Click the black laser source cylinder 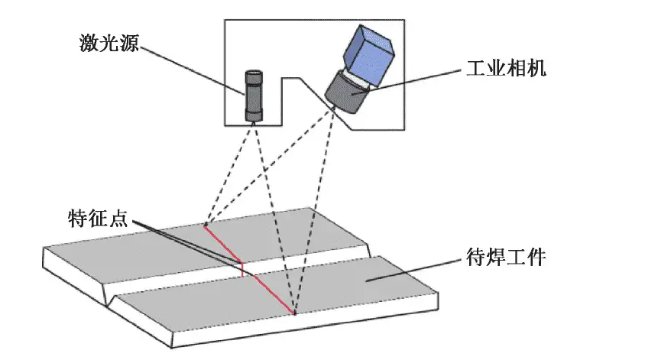click(253, 96)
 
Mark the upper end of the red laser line click(204, 225)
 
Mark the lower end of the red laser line click(293, 313)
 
